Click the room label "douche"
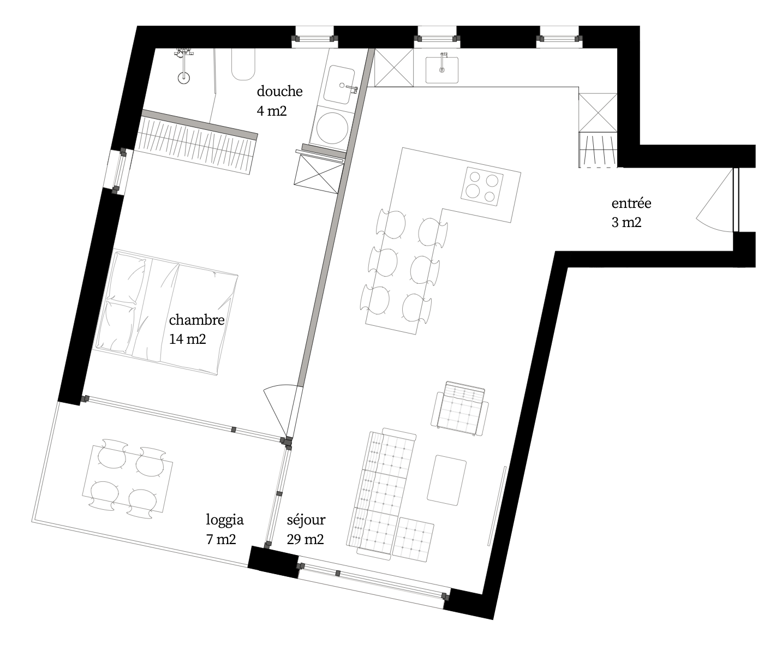click(279, 91)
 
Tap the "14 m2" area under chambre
click(187, 339)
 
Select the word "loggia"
click(225, 520)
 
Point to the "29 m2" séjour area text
click(305, 539)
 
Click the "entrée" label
click(631, 204)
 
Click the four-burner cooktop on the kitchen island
click(482, 186)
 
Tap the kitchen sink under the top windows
click(442, 70)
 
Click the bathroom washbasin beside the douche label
click(339, 86)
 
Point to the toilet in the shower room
click(243, 64)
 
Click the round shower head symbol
click(183, 78)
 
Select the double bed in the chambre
click(166, 313)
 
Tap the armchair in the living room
click(460, 409)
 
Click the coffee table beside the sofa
click(447, 480)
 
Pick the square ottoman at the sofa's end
click(413, 539)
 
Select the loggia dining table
click(127, 479)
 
